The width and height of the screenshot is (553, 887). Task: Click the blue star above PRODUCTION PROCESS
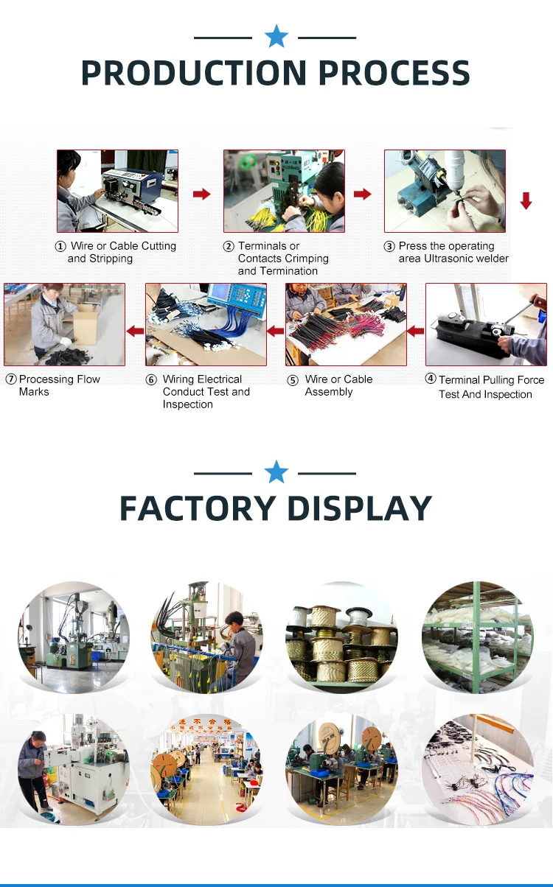pyautogui.click(x=276, y=36)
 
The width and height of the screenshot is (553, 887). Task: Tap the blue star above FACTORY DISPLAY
pyautogui.click(x=276, y=471)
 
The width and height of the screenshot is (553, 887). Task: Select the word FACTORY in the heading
pyautogui.click(x=197, y=508)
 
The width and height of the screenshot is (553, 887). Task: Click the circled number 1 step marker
pyautogui.click(x=60, y=247)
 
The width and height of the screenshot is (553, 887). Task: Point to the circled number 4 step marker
pyautogui.click(x=431, y=379)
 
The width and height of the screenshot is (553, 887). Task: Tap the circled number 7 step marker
pyautogui.click(x=11, y=379)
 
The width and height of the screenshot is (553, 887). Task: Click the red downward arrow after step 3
pyautogui.click(x=526, y=200)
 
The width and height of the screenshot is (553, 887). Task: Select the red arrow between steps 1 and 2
pyautogui.click(x=201, y=194)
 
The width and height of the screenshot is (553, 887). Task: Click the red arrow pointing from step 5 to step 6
pyautogui.click(x=275, y=332)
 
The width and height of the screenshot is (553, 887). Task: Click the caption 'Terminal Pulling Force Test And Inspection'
pyautogui.click(x=490, y=387)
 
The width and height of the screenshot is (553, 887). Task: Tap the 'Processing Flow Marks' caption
pyautogui.click(x=59, y=385)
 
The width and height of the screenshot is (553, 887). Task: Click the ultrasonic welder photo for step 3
pyautogui.click(x=445, y=191)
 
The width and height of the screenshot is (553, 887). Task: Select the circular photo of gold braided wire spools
pyautogui.click(x=342, y=638)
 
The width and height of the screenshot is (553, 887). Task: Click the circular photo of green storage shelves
pyautogui.click(x=478, y=638)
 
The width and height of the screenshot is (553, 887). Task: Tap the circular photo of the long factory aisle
pyautogui.click(x=206, y=768)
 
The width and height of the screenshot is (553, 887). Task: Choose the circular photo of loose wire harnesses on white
pyautogui.click(x=478, y=768)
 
